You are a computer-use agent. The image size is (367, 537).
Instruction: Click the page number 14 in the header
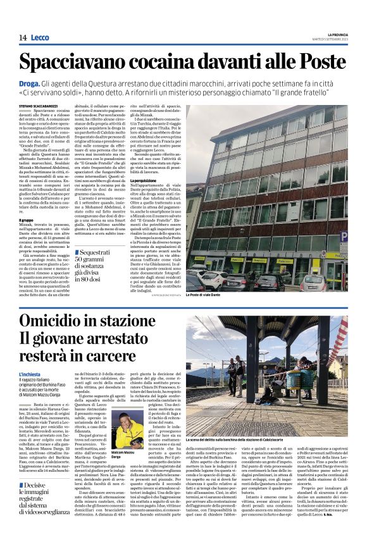coord(22,38)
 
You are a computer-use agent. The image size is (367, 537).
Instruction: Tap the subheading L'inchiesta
coord(30,374)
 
